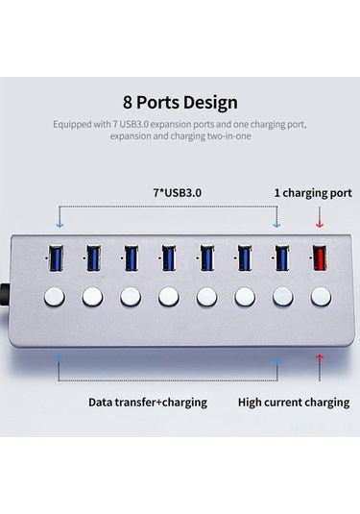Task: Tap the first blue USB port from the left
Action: pos(56,258)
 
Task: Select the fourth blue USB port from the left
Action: pos(169,258)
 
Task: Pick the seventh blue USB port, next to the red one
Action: pos(281,258)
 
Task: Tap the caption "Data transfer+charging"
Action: pos(148,402)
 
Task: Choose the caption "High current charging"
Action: pos(293,402)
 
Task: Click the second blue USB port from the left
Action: pos(93,258)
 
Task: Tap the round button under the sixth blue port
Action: pos(244,296)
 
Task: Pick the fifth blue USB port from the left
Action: pos(206,258)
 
